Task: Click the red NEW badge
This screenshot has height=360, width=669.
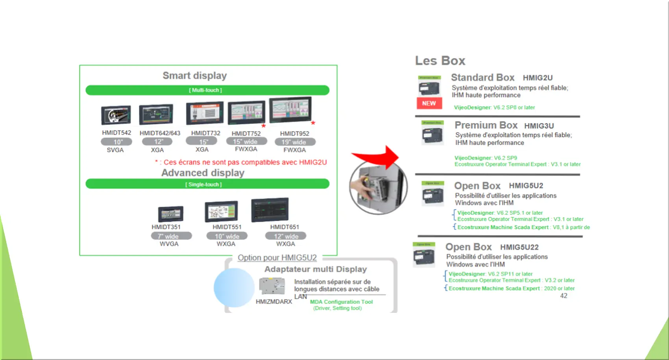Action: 429,103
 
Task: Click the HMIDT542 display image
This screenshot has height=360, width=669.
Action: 116,115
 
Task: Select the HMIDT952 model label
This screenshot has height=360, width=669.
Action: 294,134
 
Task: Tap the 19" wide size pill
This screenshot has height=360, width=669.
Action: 295,142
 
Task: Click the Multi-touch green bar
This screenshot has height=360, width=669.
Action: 207,90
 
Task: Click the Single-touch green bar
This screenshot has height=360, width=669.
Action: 207,184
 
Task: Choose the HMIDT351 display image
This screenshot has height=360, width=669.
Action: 170,214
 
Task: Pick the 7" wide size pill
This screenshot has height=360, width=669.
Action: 171,236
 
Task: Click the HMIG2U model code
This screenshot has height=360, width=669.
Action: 538,78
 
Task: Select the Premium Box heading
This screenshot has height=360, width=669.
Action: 486,125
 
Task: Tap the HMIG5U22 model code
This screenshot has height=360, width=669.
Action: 519,247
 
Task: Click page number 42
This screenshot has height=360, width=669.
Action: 564,296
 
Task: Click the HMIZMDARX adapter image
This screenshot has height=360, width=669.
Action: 272,286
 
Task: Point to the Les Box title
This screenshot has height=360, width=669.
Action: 440,61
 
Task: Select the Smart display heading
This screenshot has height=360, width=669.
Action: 195,76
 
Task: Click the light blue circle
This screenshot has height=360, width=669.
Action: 234,288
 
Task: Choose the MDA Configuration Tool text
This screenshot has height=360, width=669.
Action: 341,302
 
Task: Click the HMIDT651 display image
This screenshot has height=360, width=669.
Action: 270,210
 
